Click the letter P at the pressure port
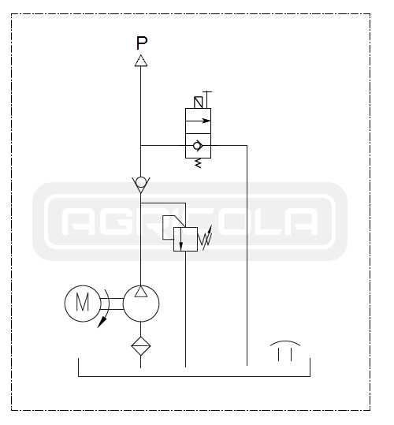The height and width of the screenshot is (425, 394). (142, 43)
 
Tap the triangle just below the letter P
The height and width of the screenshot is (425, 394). (141, 61)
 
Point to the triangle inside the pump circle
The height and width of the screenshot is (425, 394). (141, 292)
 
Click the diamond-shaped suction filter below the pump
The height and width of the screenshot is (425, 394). (141, 346)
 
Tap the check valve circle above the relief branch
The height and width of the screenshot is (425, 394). (141, 182)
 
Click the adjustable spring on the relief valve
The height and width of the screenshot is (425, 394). (205, 238)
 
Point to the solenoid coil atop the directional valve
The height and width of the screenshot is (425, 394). (199, 103)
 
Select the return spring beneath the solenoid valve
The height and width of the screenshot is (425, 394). (199, 163)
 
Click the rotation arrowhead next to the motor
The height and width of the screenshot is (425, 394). (102, 322)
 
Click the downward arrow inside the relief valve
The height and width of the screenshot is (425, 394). (181, 240)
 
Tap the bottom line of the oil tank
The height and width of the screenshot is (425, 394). (194, 376)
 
